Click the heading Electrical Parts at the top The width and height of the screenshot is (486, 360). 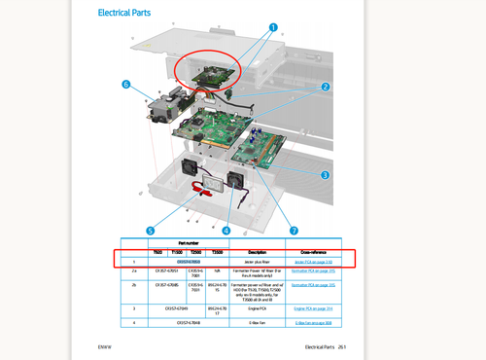[127, 14]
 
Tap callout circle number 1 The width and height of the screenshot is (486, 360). [273, 28]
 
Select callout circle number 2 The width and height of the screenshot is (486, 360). [326, 87]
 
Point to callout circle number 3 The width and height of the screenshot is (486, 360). [325, 175]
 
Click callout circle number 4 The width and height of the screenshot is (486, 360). [226, 231]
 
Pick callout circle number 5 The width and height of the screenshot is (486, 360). [150, 231]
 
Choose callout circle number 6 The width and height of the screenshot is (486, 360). [125, 85]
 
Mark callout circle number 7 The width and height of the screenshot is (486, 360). [294, 231]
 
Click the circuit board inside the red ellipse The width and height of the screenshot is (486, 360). [215, 73]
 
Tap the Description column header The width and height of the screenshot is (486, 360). [258, 252]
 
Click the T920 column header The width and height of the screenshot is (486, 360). [157, 252]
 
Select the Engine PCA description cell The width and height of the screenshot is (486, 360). [258, 307]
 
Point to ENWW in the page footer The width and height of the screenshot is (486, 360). [105, 345]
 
